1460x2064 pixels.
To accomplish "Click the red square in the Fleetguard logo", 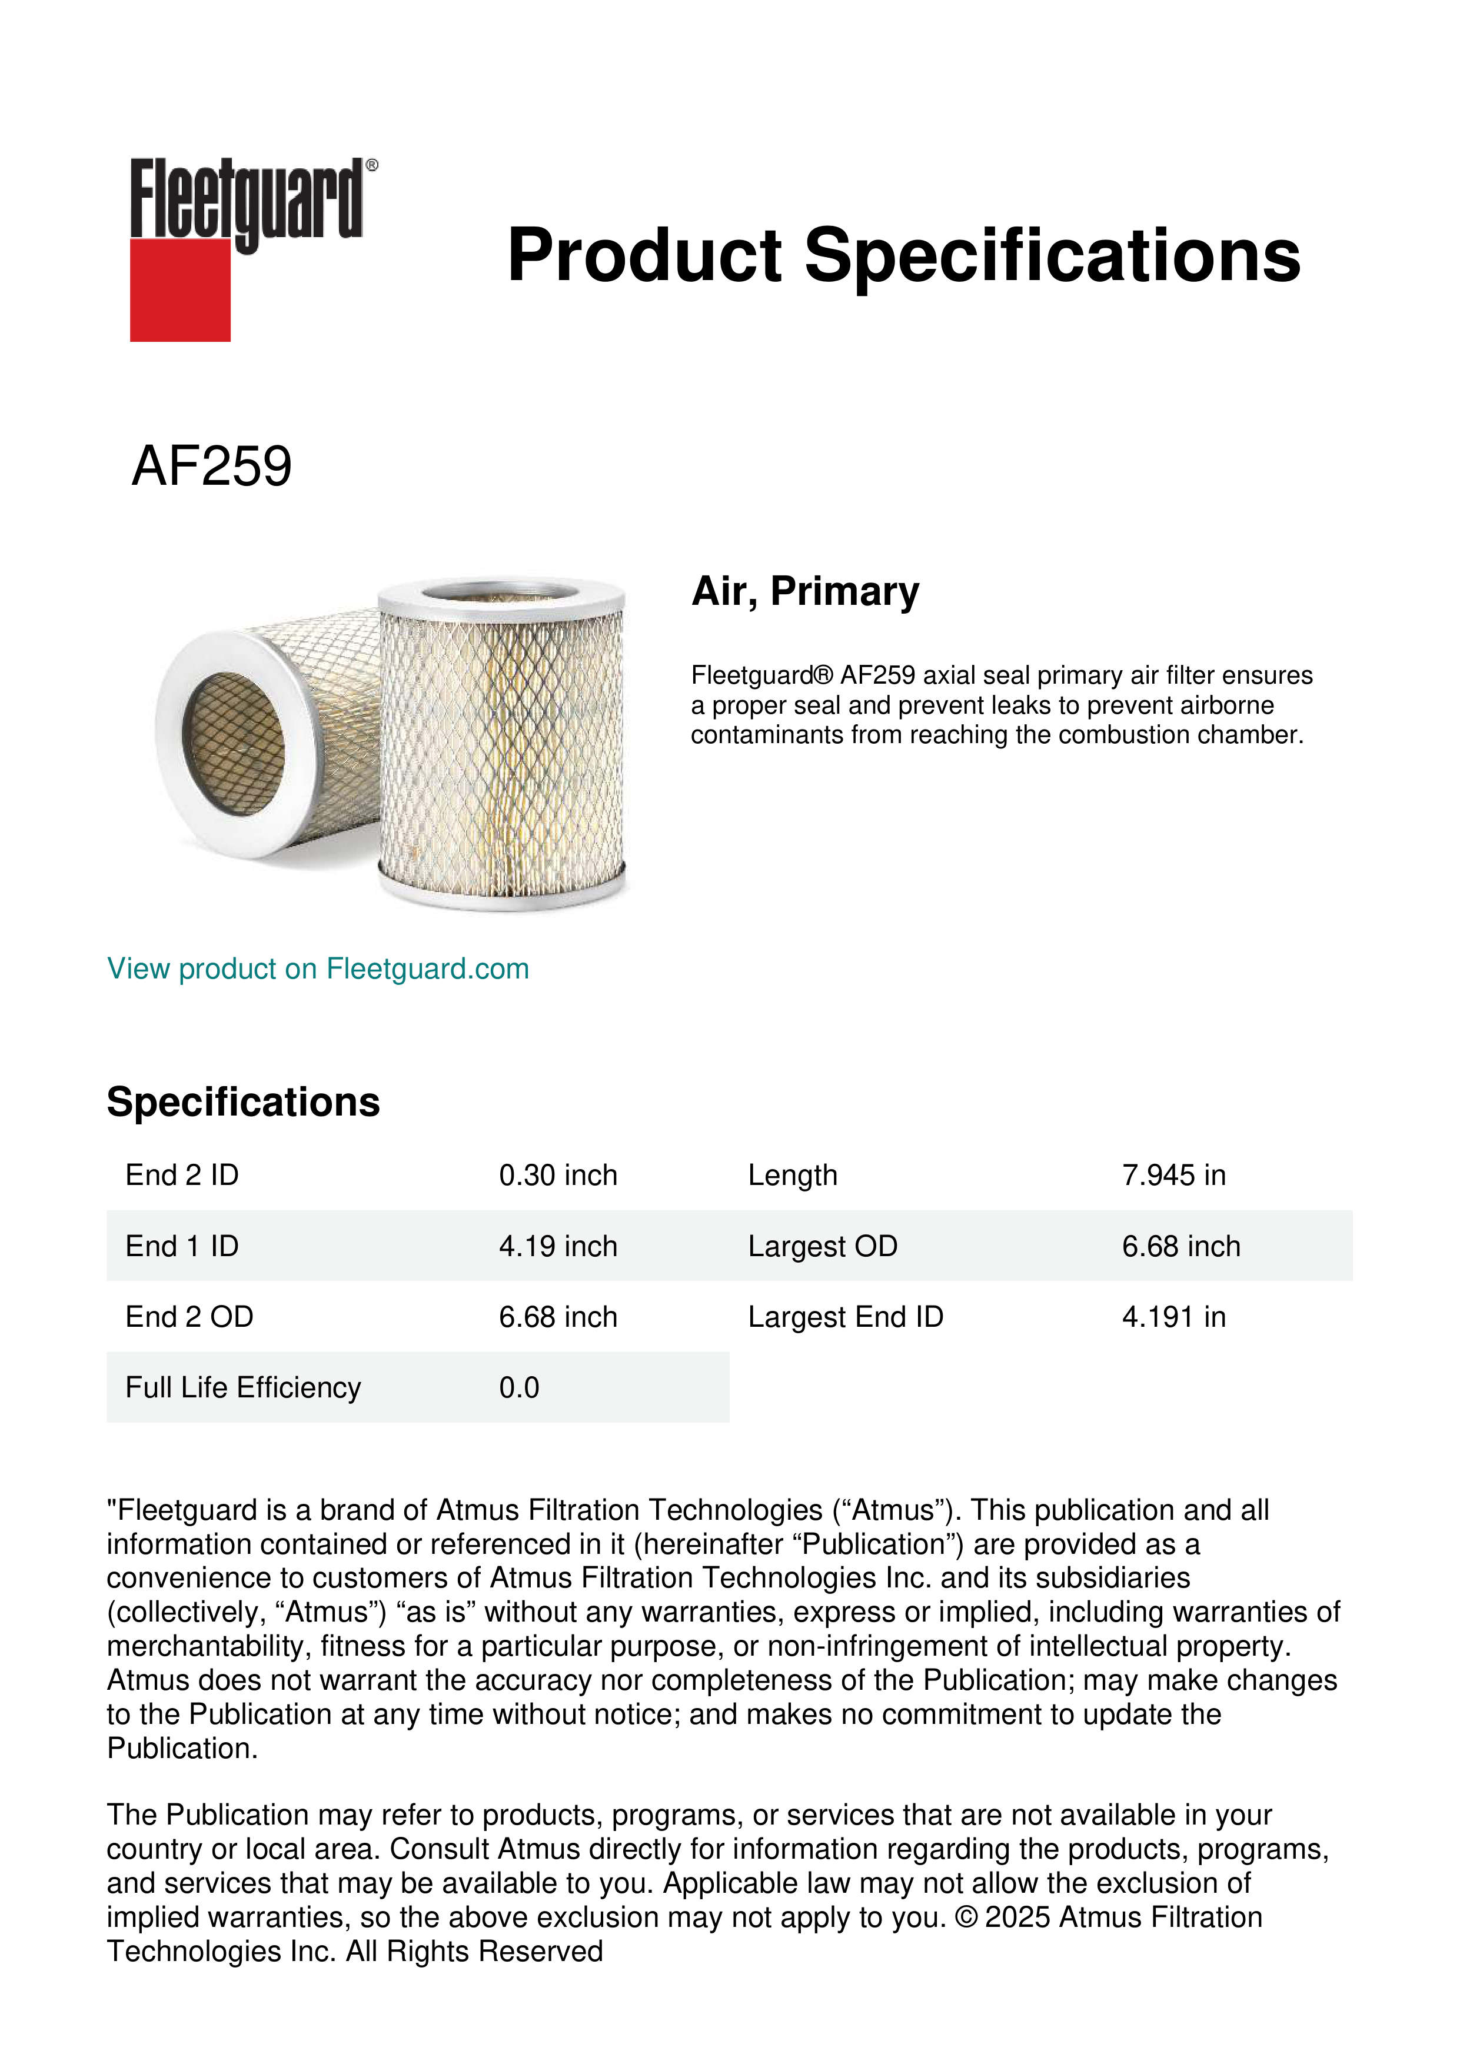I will (x=180, y=289).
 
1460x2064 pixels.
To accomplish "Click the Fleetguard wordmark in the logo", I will (x=247, y=199).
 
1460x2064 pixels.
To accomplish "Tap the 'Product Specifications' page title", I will (x=903, y=255).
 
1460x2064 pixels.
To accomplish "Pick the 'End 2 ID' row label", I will (x=182, y=1175).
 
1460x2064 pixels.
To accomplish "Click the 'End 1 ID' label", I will (x=182, y=1246).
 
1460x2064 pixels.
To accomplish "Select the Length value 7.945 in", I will (x=1173, y=1175).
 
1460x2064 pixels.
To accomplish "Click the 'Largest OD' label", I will (x=823, y=1246).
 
